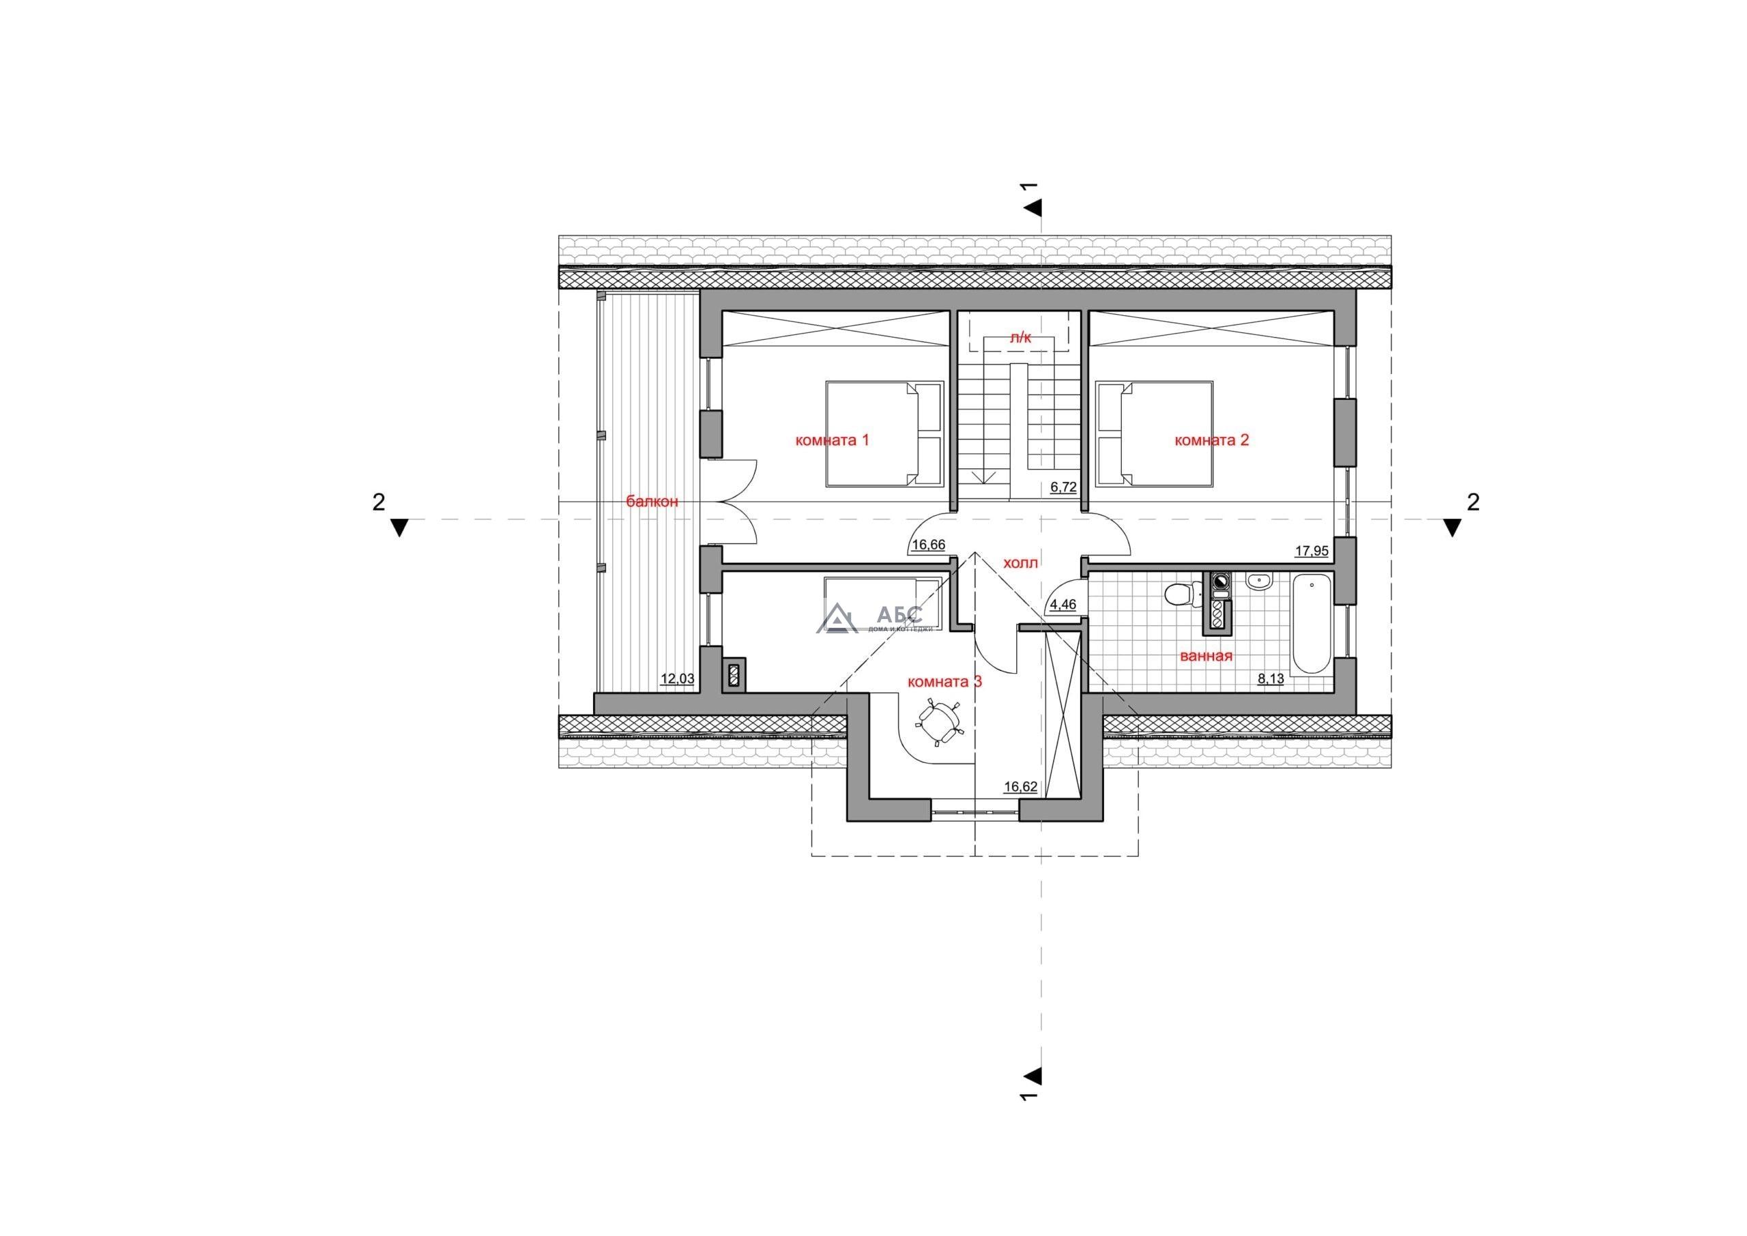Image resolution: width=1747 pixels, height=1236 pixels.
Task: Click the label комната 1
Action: [x=832, y=440]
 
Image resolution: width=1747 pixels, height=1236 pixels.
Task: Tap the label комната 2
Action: [x=1211, y=440]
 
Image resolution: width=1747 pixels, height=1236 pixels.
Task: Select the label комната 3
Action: [x=945, y=682]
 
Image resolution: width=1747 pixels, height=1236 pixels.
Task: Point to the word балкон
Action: [x=652, y=502]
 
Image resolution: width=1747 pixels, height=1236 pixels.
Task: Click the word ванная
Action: [x=1206, y=656]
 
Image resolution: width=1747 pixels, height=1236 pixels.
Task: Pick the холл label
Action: [x=1021, y=563]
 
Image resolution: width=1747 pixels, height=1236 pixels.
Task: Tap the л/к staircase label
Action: [x=1020, y=338]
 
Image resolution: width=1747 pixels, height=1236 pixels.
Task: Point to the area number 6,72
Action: [x=1064, y=487]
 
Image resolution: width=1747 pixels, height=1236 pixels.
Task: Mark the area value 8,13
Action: [x=1271, y=679]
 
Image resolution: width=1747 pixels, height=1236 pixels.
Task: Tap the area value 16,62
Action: [x=1020, y=787]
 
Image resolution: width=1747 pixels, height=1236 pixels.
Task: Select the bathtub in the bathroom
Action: [x=1311, y=624]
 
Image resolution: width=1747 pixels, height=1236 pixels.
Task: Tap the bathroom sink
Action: [x=1259, y=581]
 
